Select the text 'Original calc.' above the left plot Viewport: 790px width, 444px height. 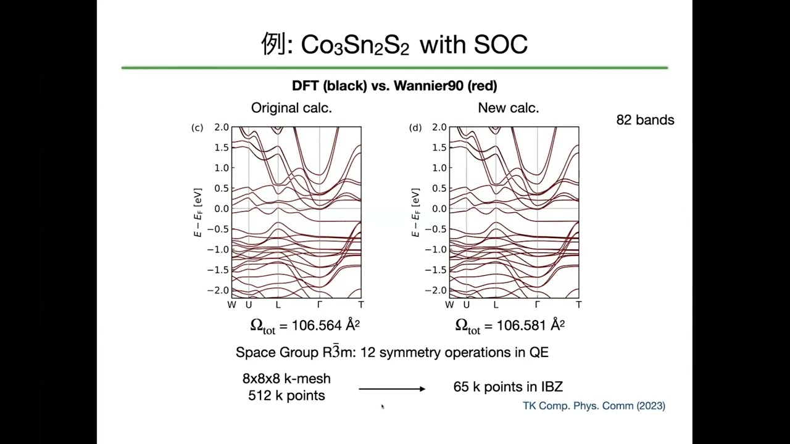tap(291, 108)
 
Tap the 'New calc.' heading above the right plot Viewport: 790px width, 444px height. tap(509, 108)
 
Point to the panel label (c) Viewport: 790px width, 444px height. tap(197, 128)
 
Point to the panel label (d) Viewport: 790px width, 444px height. tap(415, 128)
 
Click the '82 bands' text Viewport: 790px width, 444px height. tap(645, 120)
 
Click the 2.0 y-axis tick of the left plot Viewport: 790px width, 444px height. tap(221, 128)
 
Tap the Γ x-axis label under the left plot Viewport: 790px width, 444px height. tap(320, 305)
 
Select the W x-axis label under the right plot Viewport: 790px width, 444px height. tap(449, 305)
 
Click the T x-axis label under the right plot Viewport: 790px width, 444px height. tap(579, 305)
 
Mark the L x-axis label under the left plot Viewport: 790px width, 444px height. tap(278, 305)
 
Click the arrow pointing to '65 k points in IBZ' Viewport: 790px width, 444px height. tap(392, 388)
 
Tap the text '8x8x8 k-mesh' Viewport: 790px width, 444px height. tap(286, 379)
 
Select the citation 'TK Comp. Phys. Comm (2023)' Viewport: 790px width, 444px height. tap(594, 406)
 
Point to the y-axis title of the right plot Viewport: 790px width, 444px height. tap(416, 213)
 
